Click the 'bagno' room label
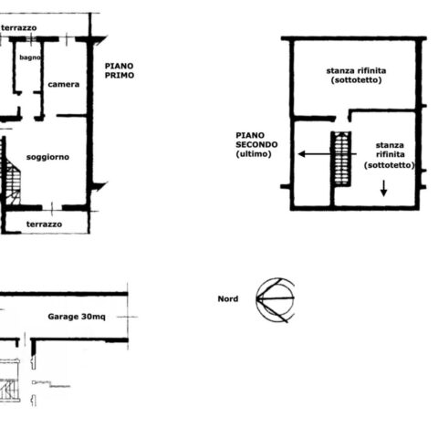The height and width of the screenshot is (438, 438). (30, 57)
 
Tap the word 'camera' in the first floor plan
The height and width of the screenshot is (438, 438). (64, 84)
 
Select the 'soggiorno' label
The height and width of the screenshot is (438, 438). (47, 157)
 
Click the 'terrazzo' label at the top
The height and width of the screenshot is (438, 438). (19, 28)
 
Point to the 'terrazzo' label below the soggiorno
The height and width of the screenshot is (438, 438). (44, 224)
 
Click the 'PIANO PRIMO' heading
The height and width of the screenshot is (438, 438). (120, 70)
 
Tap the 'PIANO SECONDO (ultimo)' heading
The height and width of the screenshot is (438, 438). (256, 144)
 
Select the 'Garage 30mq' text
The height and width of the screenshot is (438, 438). (77, 317)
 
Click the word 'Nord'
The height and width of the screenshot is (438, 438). (228, 298)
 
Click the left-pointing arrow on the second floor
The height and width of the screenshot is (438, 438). (327, 154)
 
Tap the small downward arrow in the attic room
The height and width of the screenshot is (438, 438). (384, 188)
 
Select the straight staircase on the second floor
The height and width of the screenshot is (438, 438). (341, 159)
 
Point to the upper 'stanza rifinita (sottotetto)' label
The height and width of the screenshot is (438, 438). (356, 75)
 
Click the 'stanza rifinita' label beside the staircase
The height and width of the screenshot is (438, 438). (390, 155)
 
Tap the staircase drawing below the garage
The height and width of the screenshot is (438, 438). (10, 381)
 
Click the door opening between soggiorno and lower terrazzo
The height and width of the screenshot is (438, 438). (52, 208)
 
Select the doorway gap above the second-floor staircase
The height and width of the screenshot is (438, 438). (342, 118)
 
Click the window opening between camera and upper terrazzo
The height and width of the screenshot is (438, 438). (67, 39)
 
